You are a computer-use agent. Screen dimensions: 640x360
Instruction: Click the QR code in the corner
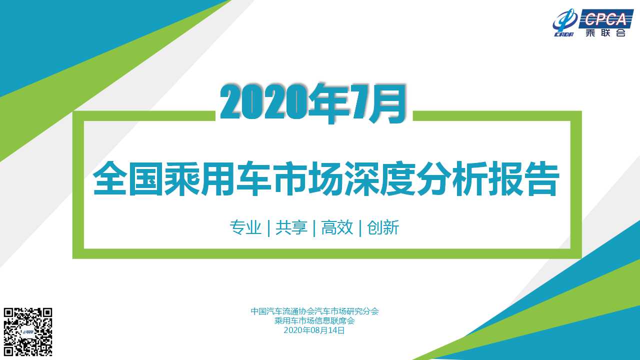(x=27, y=331)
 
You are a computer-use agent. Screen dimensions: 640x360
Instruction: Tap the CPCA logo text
(x=605, y=19)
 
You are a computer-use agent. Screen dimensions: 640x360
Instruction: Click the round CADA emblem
(x=564, y=23)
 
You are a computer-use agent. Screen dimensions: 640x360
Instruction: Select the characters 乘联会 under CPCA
(x=605, y=32)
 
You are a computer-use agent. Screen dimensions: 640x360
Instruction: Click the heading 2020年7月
(x=313, y=103)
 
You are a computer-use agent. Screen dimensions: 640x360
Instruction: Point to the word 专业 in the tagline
(x=245, y=227)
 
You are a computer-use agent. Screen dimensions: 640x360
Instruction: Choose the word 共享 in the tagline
(x=291, y=227)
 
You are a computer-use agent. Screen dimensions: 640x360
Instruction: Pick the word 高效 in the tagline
(x=337, y=227)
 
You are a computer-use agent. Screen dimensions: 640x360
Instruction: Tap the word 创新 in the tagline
(x=383, y=227)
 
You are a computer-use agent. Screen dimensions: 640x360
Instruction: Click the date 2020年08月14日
(x=314, y=330)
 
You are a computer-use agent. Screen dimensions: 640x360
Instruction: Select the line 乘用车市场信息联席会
(x=314, y=320)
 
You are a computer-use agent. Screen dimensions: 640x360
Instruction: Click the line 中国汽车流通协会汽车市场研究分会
(x=314, y=311)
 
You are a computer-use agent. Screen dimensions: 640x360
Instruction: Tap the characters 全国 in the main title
(x=128, y=178)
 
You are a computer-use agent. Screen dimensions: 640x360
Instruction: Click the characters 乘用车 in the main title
(x=217, y=178)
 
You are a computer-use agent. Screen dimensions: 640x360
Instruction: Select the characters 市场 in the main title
(x=307, y=178)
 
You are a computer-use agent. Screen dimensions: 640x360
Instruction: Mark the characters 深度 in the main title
(x=379, y=178)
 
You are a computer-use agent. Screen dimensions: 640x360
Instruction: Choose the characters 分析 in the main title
(x=451, y=178)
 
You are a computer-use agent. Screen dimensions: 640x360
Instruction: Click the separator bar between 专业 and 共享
(x=269, y=228)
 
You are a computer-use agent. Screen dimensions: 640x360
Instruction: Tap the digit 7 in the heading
(x=361, y=102)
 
